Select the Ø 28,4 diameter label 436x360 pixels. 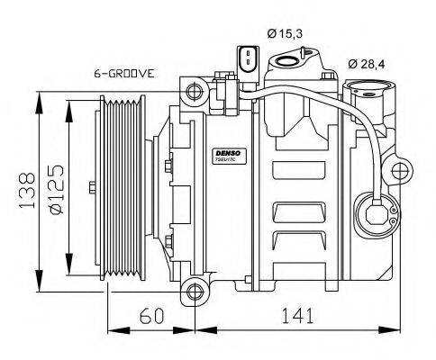(x=368, y=64)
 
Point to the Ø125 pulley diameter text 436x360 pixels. (x=54, y=191)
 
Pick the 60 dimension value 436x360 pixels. (x=151, y=316)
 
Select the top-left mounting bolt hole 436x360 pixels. (x=192, y=91)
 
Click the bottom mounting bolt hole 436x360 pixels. (x=192, y=291)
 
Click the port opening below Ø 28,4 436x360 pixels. (x=368, y=91)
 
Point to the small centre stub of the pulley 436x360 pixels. (x=93, y=188)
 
